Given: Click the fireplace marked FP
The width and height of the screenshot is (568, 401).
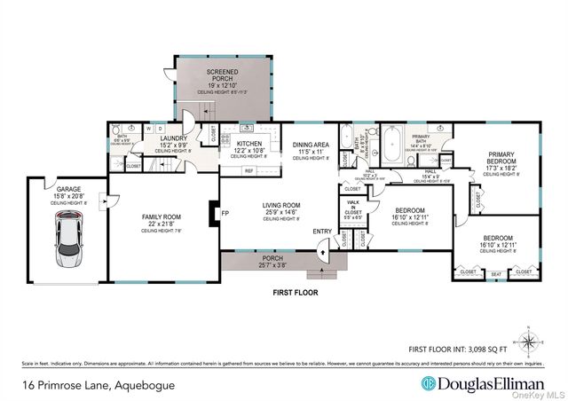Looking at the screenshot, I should [x=212, y=214].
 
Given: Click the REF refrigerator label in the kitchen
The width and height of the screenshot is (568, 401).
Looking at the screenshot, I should [x=249, y=170].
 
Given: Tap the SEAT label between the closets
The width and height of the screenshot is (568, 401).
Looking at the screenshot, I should [x=496, y=274].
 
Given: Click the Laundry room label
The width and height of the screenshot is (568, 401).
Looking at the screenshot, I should [x=174, y=139].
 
